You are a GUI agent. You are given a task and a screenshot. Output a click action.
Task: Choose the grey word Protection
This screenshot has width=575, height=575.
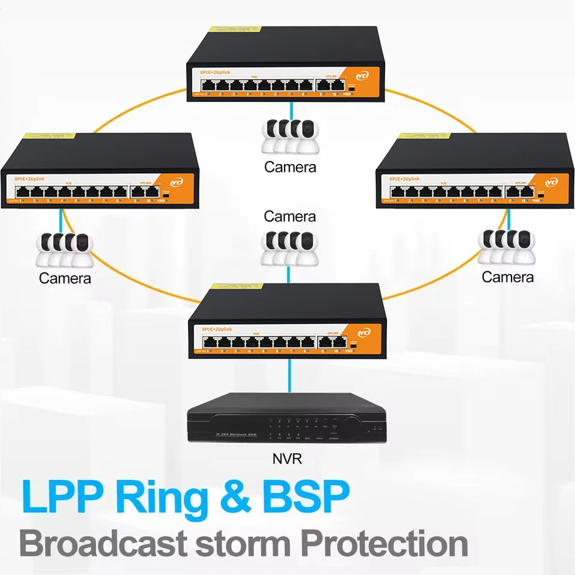tap(384, 544)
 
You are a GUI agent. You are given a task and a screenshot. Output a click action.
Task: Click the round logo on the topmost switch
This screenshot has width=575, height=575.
tap(362, 76)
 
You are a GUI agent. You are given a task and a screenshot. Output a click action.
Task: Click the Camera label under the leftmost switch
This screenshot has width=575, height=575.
tap(65, 278)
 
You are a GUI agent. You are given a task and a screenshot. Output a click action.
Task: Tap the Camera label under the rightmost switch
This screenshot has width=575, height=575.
tap(507, 277)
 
